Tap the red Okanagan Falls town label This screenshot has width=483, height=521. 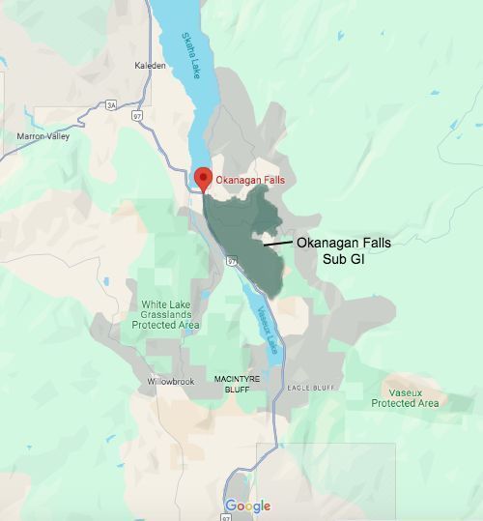coord(249,181)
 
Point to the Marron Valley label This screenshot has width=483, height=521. coord(43,136)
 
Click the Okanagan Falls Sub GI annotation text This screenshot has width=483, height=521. coord(343,250)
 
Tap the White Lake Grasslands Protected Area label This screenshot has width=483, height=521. coord(166,314)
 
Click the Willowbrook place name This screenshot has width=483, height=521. coord(171,382)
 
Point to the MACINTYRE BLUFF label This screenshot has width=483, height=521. coord(232,383)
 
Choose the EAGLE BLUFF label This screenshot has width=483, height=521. coord(310,388)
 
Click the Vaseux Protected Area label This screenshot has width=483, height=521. coord(407,397)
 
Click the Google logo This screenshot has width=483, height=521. coord(248,507)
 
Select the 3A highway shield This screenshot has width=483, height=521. coord(111,104)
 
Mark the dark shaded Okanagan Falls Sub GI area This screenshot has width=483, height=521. coord(241,227)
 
